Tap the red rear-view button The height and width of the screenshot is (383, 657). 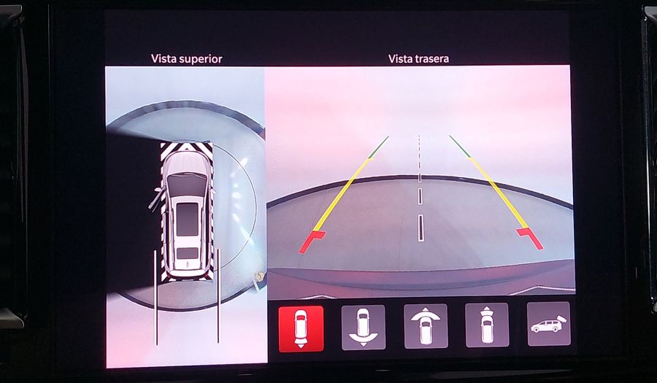click(x=301, y=328)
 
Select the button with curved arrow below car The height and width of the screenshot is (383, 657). click(x=364, y=328)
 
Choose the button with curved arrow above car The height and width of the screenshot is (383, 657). click(x=426, y=326)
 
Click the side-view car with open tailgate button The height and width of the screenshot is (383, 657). click(x=549, y=324)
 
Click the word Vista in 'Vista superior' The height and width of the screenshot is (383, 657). click(x=164, y=58)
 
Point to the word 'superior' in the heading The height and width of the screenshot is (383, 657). click(x=200, y=59)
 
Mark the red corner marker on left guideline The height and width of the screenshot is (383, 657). click(x=312, y=241)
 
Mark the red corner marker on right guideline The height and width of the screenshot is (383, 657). click(x=530, y=239)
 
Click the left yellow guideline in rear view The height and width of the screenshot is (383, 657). click(x=342, y=194)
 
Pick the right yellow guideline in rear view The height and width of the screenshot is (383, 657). click(x=498, y=193)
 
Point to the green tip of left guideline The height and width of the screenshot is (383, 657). click(x=379, y=147)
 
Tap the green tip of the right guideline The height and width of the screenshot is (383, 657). click(x=460, y=147)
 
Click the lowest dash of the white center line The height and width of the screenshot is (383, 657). click(x=420, y=228)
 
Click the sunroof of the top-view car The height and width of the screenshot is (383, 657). click(x=187, y=220)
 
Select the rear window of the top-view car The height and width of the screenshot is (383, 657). click(x=188, y=253)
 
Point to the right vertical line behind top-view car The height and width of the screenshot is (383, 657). click(x=218, y=296)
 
